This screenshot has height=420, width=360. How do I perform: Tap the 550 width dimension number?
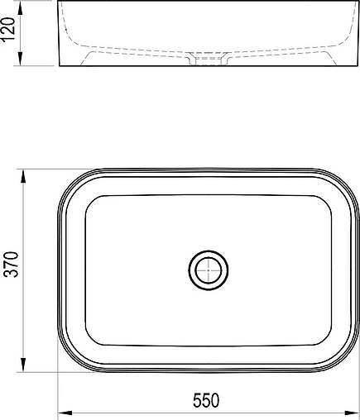pyautogui.click(x=207, y=401)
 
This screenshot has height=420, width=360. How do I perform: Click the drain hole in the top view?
pyautogui.click(x=208, y=270)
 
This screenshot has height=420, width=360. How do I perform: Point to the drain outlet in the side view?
pyautogui.click(x=208, y=59)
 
